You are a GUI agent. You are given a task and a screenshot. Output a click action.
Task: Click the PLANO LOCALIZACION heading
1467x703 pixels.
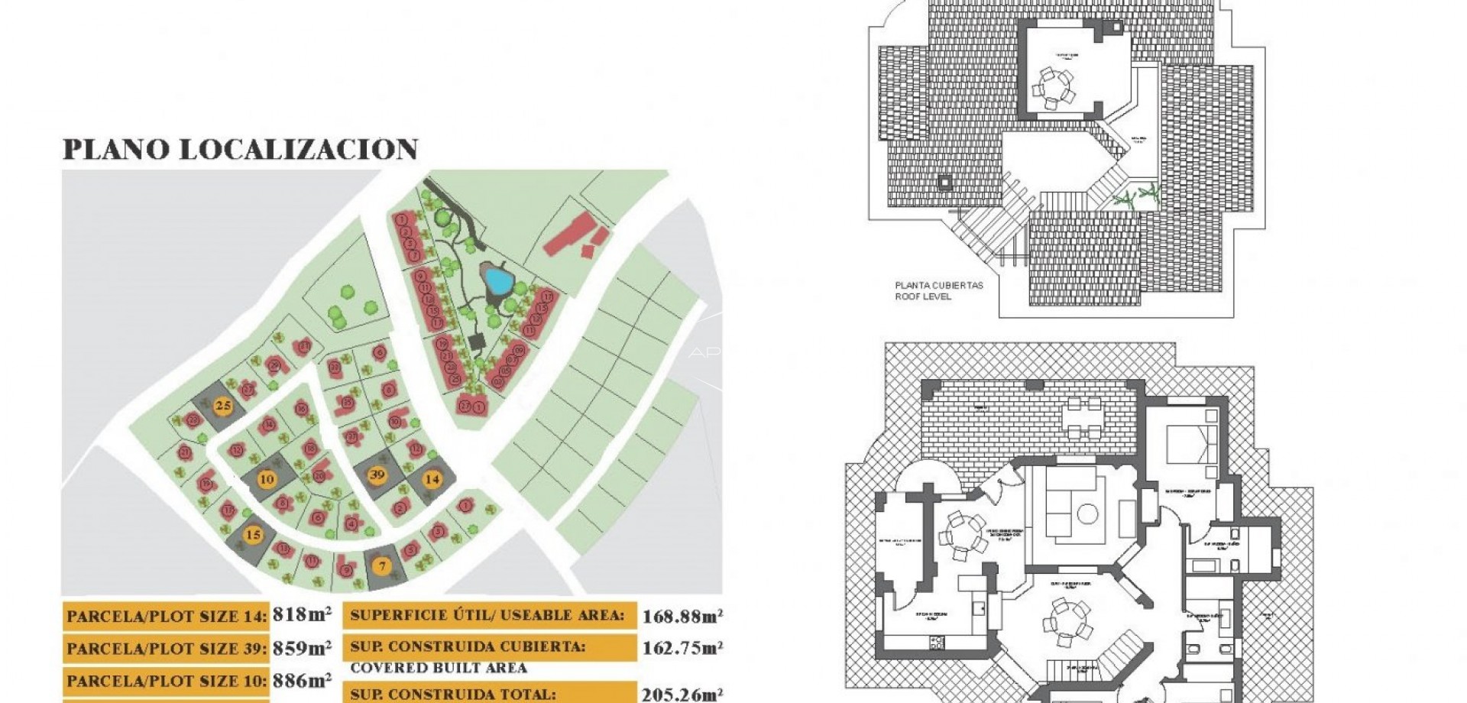point(240,149)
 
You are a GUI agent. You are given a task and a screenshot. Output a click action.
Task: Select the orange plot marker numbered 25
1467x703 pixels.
point(223,406)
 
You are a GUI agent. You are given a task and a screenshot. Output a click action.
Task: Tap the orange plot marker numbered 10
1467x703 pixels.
point(267,480)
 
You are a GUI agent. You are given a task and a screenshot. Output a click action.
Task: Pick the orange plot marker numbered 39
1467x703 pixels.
point(377,475)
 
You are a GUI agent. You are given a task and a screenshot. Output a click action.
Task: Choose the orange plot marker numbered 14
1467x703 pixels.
point(432,479)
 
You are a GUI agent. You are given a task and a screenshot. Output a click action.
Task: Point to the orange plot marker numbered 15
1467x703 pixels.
point(253,535)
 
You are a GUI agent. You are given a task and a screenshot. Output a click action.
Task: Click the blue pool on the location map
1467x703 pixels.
point(497,281)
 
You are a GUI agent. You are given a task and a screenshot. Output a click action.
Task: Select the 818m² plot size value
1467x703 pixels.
point(302,614)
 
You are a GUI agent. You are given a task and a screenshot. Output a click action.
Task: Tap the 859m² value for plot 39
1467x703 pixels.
point(302,648)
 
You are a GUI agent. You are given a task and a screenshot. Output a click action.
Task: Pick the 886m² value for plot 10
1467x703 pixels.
point(302,680)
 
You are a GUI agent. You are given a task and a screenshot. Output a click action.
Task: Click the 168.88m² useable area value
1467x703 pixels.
point(682,616)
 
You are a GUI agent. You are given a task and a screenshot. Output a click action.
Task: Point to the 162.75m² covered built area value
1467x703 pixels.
point(682,648)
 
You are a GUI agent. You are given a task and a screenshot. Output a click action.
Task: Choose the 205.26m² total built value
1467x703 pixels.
point(682,694)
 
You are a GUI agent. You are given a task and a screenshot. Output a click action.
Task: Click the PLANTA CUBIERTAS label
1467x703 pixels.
point(939,286)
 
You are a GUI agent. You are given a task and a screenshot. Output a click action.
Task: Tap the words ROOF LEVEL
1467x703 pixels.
point(923,296)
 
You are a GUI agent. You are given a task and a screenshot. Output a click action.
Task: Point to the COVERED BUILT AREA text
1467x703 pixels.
point(439,668)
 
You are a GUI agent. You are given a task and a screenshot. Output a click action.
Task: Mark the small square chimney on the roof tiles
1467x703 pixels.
point(945,183)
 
